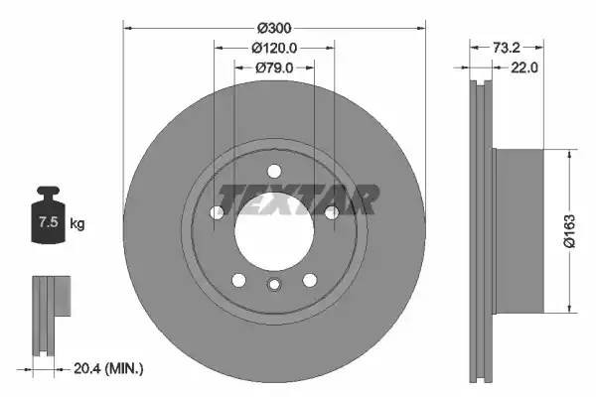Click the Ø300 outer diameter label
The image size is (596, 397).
pyautogui.click(x=275, y=27)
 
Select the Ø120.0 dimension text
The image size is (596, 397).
pyautogui.click(x=275, y=48)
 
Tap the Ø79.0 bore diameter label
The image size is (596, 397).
pyautogui.click(x=275, y=68)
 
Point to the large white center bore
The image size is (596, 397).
pyautogui.click(x=274, y=225)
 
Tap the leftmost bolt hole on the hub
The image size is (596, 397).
pyautogui.click(x=218, y=211)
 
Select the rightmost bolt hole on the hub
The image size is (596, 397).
pyautogui.click(x=331, y=211)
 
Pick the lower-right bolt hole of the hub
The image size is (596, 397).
pyautogui.click(x=309, y=279)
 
